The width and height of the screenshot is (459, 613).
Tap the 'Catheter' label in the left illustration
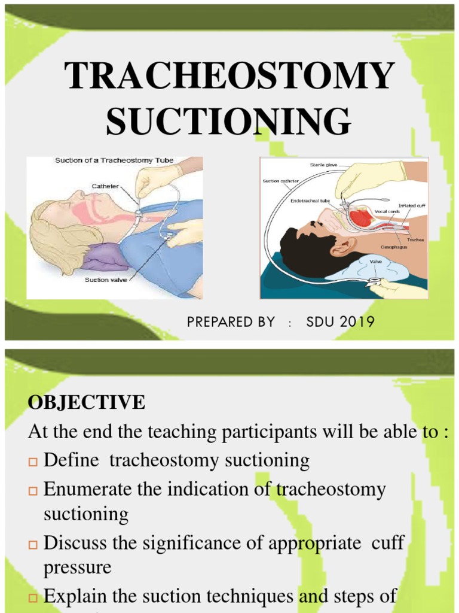pos(105,186)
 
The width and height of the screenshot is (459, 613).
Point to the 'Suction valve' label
pos(106,280)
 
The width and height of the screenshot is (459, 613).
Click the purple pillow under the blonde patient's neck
pos(105,257)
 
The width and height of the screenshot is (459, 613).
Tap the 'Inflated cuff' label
pos(411,206)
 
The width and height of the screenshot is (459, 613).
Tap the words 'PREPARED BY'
pos(231,322)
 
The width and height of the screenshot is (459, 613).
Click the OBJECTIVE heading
pos(86,403)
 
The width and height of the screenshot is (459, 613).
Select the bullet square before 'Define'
pos(33,462)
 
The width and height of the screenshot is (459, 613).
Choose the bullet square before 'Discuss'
pos(33,544)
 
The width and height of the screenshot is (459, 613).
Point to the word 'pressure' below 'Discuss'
pos(78,566)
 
